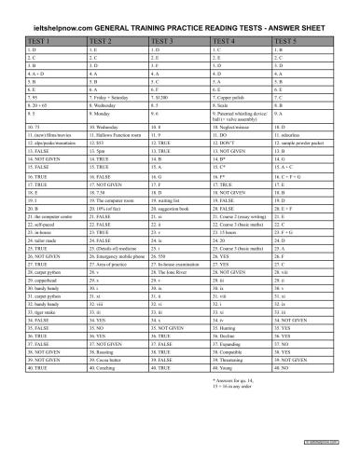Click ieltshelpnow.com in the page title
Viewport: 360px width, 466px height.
(69, 23)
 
